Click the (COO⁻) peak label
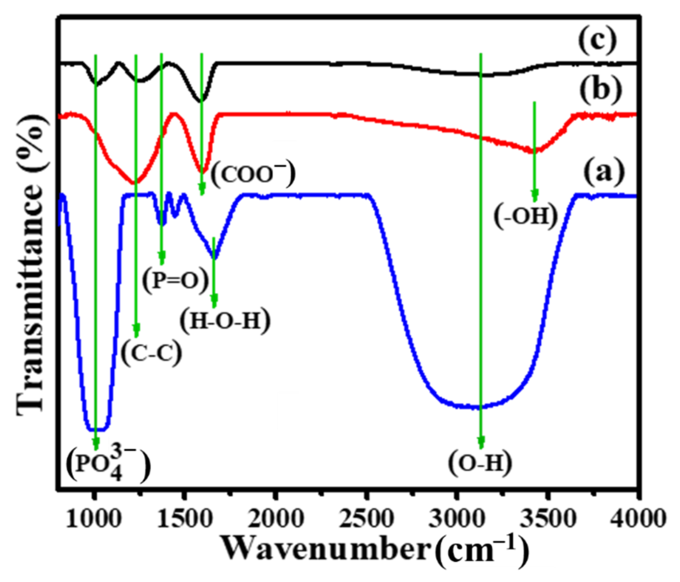[x=253, y=174]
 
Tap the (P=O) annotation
[x=176, y=281]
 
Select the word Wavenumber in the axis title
[x=325, y=549]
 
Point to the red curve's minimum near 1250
[x=135, y=182]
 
